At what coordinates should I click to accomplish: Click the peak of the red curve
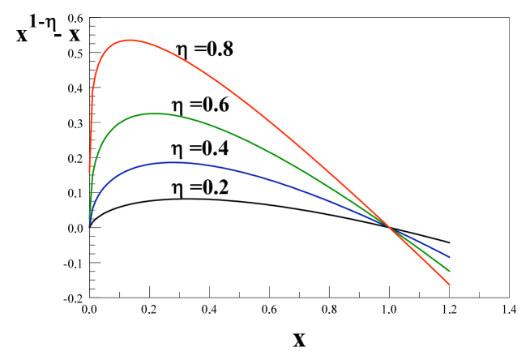(x=130, y=40)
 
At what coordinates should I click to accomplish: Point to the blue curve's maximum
(x=173, y=162)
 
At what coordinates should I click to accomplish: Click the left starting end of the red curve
(x=89, y=172)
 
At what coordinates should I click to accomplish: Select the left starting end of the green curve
(x=89, y=218)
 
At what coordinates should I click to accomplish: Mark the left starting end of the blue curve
(x=89, y=225)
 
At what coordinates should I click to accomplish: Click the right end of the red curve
(x=449, y=285)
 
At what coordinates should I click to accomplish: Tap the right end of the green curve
(x=449, y=271)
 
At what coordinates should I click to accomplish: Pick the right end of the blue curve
(x=449, y=257)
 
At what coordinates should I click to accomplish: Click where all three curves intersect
(x=389, y=225)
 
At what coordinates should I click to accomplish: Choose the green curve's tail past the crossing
(x=421, y=249)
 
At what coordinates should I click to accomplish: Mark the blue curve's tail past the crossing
(x=421, y=242)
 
